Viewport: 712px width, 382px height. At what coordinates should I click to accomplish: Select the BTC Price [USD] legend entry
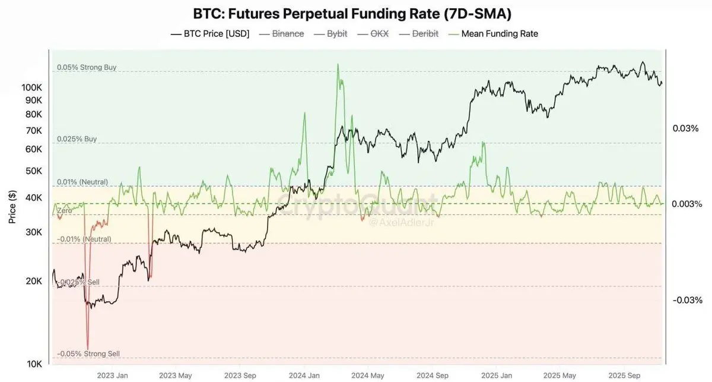pos(210,34)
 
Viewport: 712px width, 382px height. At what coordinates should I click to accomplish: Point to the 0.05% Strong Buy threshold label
pos(87,68)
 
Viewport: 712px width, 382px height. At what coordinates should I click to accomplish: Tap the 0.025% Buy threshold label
pos(77,139)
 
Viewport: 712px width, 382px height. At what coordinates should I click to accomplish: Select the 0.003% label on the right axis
pos(687,204)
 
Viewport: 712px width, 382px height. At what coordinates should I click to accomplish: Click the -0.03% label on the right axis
pos(686,300)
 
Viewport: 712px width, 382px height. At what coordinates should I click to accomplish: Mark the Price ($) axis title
pos(12,207)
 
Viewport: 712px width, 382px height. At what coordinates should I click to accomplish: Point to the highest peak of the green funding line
pos(338,64)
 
